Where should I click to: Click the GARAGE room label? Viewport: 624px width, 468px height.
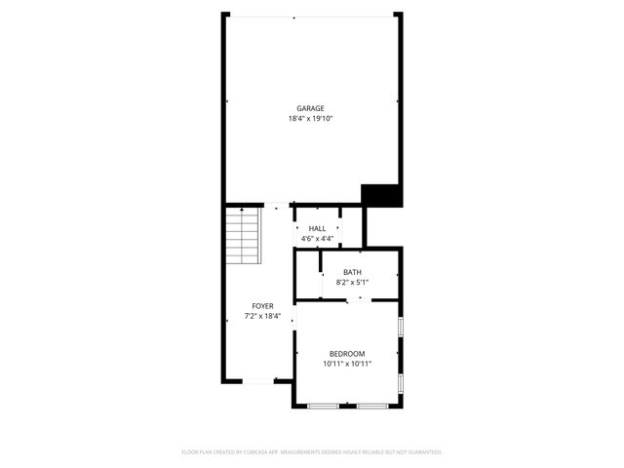[x=311, y=108]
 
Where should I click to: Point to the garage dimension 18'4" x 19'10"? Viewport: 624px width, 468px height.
[x=311, y=119]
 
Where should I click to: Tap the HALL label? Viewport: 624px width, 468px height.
[x=317, y=228]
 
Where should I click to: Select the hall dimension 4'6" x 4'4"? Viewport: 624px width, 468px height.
[x=317, y=238]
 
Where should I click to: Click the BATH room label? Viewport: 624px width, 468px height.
[x=352, y=272]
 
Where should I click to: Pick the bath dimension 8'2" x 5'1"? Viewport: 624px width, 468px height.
[x=352, y=282]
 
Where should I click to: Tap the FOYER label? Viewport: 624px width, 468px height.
[x=262, y=306]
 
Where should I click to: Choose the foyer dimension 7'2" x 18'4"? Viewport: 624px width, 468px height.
[x=262, y=316]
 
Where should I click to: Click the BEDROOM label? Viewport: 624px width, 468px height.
[x=347, y=353]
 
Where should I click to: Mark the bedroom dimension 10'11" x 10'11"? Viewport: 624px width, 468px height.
[x=347, y=364]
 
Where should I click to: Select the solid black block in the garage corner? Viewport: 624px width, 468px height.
[x=381, y=195]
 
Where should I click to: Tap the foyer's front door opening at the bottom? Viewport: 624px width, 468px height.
[x=258, y=381]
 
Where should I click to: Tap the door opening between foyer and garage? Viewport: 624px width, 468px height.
[x=279, y=205]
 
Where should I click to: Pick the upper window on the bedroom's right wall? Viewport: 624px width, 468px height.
[x=401, y=326]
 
